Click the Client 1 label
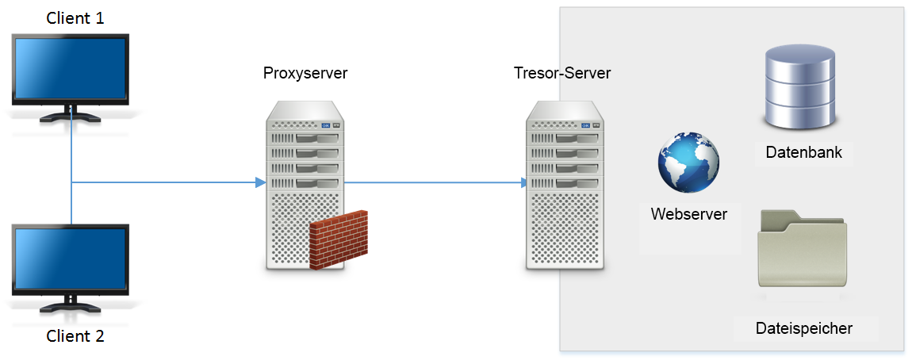click(x=75, y=17)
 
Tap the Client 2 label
click(x=75, y=335)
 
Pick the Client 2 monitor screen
click(x=70, y=259)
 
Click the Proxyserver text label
click(x=305, y=74)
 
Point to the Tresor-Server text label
click(x=562, y=74)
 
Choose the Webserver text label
click(x=688, y=214)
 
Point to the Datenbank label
click(x=803, y=152)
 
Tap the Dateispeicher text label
click(x=803, y=328)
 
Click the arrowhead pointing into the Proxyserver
click(x=259, y=183)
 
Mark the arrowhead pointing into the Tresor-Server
click(x=523, y=183)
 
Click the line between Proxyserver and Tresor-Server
click(x=432, y=183)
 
